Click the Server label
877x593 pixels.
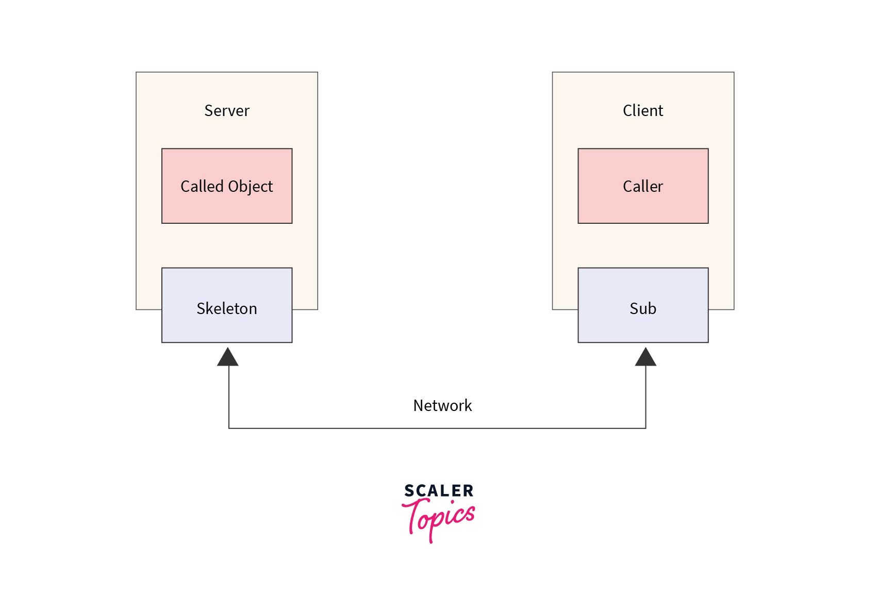click(x=226, y=110)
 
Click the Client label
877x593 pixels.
click(x=642, y=110)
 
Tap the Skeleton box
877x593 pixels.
click(x=227, y=325)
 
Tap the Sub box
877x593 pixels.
click(x=643, y=325)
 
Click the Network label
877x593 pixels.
click(x=442, y=405)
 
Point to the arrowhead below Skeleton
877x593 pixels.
click(x=228, y=358)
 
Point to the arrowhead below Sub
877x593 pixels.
click(x=646, y=358)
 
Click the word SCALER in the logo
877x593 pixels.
click(x=439, y=490)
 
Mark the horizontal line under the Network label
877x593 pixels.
click(x=437, y=428)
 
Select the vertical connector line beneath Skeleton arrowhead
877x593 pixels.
click(x=229, y=397)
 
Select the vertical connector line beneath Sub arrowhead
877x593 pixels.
click(x=646, y=397)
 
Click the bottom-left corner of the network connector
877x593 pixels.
click(x=229, y=428)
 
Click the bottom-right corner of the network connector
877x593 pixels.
click(x=646, y=428)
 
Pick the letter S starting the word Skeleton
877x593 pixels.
click(x=200, y=308)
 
